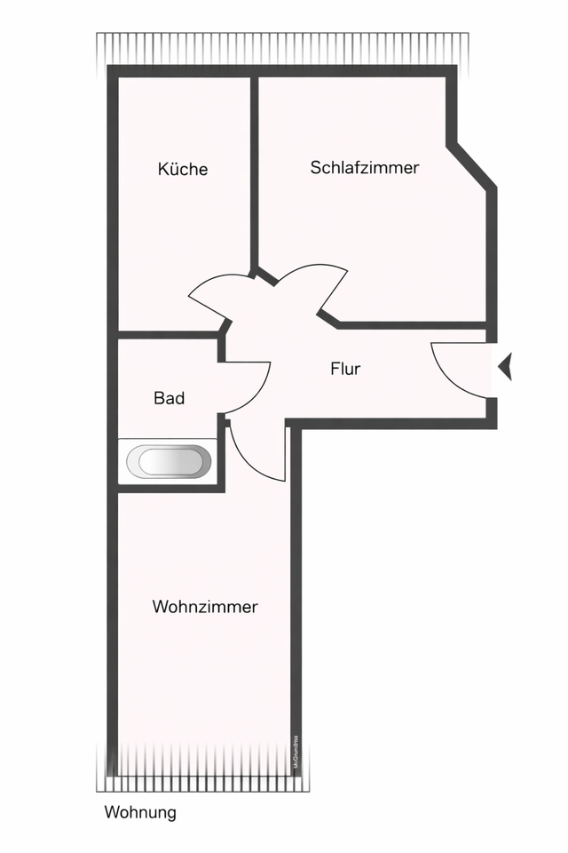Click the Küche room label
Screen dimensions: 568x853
pos(183,169)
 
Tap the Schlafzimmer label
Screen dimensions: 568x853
pos(365,167)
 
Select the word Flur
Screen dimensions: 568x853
pos(345,369)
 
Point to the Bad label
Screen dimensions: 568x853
pos(169,398)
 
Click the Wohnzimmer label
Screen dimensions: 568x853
pos(205,608)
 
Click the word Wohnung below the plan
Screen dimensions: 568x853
pos(140,812)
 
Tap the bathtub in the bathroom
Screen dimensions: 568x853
pos(169,462)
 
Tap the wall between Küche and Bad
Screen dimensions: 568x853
pos(169,335)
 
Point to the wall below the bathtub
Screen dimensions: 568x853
pos(169,488)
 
